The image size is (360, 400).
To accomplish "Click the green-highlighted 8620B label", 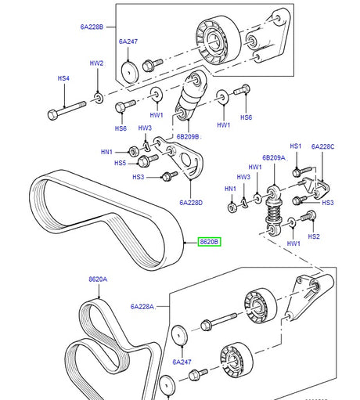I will pos(209,242).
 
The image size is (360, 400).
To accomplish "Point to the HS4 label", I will pos(64,78).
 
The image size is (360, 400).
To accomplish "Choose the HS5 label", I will pos(120,164).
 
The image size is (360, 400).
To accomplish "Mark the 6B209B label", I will pos(188,136).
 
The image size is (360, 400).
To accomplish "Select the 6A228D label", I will pos(190,203).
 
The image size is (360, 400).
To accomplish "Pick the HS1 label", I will pos(296,146).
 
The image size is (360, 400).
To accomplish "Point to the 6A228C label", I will pos(322,146).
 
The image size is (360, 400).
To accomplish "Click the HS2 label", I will pos(314,236).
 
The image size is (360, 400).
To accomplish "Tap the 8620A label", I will pos(98,279).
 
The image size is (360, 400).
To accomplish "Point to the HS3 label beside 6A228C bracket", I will pos(327,203).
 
